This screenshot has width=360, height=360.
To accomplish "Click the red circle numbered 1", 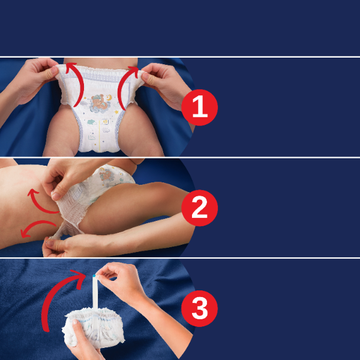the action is [200, 107].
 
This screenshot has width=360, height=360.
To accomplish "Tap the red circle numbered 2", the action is [200, 208].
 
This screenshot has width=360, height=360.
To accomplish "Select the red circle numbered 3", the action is [200, 308].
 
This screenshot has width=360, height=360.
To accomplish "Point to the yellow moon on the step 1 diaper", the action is [109, 98].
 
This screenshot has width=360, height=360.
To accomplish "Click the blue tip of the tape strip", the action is [94, 276].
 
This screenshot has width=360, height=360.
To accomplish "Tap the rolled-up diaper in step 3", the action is [93, 328].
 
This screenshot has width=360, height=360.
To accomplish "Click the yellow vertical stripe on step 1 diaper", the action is [100, 136].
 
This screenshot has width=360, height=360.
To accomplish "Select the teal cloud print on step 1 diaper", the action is [91, 122].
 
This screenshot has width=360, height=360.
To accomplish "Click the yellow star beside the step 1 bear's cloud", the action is [116, 112].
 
